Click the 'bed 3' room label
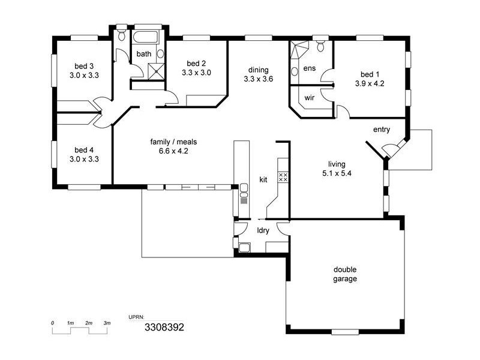coord(84,66)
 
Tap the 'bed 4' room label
coord(84,150)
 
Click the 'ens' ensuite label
coord(310,68)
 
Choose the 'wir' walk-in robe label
coord(310,97)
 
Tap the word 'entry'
coord(382,130)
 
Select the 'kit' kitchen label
coord(263,179)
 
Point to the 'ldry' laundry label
coord(263,230)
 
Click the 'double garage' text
coord(345,274)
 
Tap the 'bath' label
coord(144,54)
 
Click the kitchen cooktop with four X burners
coord(283,177)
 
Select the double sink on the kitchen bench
coord(244,191)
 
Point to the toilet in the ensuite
coord(321,46)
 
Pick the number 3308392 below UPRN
coord(164,328)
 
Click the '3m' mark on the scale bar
coord(107,323)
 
